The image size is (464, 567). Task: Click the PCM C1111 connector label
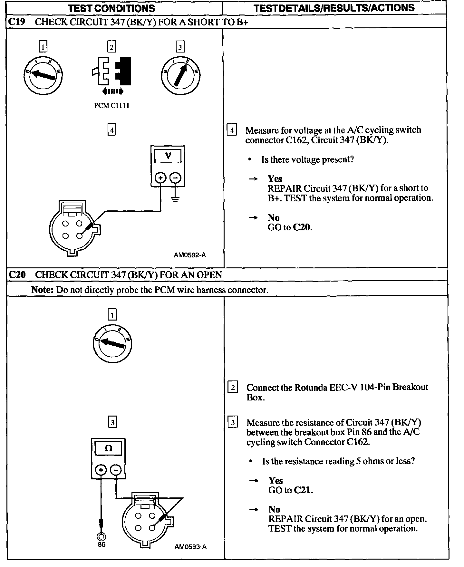111,106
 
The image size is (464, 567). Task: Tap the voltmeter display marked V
168,157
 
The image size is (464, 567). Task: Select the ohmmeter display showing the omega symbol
108,448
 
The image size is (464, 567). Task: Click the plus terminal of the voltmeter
160,178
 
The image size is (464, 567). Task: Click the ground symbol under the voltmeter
175,199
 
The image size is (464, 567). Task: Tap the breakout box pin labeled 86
101,536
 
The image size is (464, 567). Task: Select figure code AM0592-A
190,255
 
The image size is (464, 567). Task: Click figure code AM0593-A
190,547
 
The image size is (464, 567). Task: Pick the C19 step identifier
17,22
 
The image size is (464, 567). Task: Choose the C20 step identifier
17,275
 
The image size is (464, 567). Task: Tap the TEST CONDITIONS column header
111,8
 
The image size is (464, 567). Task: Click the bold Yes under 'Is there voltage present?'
275,179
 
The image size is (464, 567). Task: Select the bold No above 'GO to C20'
274,217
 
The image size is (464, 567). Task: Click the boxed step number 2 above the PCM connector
111,47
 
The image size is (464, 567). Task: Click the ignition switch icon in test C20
112,342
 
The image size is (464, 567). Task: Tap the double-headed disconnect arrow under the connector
112,91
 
